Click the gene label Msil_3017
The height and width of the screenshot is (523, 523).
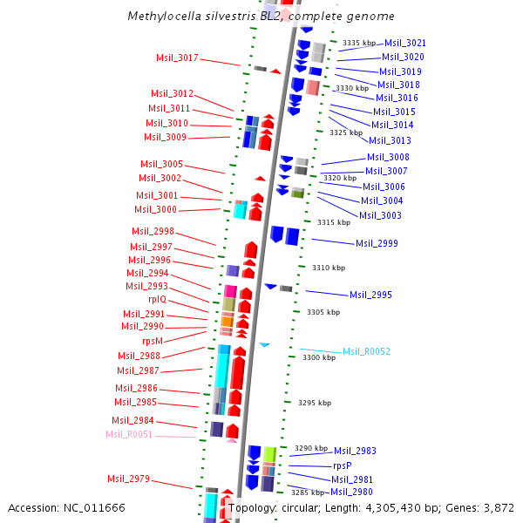(177, 58)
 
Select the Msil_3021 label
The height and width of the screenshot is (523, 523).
(405, 43)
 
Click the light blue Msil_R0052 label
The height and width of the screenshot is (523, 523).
(366, 351)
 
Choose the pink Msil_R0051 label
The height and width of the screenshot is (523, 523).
(129, 434)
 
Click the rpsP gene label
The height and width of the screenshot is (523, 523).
(342, 465)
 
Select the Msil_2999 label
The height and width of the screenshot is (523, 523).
(377, 243)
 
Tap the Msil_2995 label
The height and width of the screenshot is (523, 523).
(370, 295)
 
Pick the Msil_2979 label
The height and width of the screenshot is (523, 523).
(128, 479)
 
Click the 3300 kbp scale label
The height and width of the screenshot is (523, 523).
(317, 357)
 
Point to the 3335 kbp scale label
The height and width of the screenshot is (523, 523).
(358, 43)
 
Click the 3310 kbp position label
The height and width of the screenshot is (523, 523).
(329, 268)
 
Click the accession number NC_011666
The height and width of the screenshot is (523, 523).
(101, 507)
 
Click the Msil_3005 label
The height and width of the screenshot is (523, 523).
(161, 164)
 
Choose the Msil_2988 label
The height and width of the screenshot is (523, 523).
(139, 356)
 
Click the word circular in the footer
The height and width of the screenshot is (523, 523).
(291, 507)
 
